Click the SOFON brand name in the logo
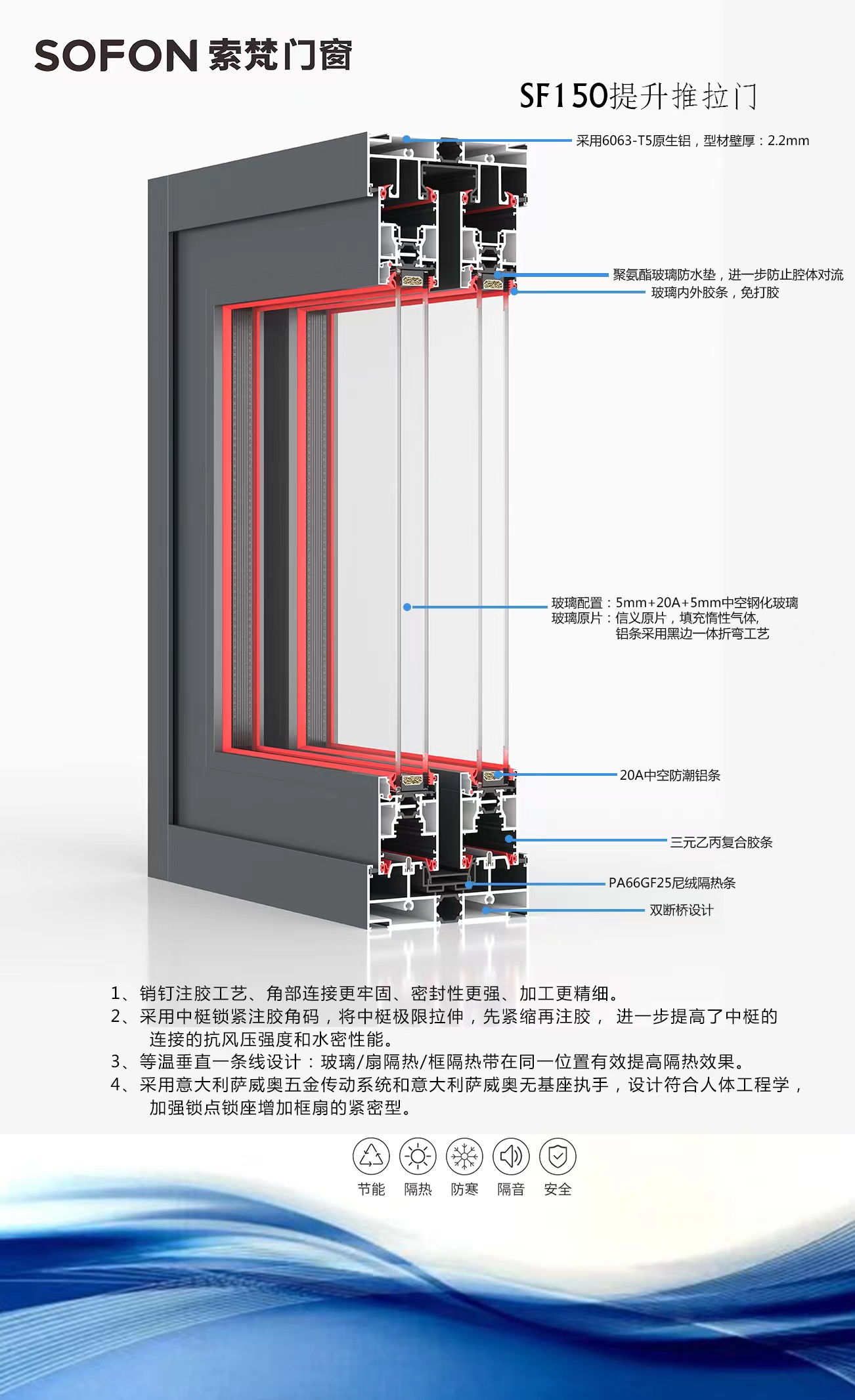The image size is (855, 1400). pos(116,56)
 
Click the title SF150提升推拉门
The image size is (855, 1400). pos(638,96)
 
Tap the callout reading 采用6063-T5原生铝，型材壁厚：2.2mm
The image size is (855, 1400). pos(692,140)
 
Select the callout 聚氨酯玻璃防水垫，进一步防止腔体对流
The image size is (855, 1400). pos(728,274)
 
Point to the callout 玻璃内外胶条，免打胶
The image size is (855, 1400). pos(714,293)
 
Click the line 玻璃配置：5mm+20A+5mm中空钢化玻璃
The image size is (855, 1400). pos(674,603)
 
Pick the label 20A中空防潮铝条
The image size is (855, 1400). pos(670,775)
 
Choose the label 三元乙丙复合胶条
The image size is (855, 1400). pos(721,842)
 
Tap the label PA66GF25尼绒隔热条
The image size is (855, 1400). pos(672,883)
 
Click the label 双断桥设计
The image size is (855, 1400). pos(681,910)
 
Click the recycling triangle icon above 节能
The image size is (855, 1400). pos(371,1156)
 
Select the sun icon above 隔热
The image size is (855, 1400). pos(418,1156)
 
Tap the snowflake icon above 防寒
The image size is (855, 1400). pos(464,1156)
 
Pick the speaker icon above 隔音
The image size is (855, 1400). pos(511,1156)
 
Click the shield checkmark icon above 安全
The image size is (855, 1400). pos(558,1156)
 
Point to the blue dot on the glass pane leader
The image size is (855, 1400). pos(407,607)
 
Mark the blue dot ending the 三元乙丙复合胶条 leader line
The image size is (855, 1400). pos(508,839)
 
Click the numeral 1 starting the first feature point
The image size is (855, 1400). pos(116,994)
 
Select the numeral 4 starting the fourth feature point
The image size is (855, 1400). pos(116,1085)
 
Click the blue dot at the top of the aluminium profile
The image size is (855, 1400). pos(407,138)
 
